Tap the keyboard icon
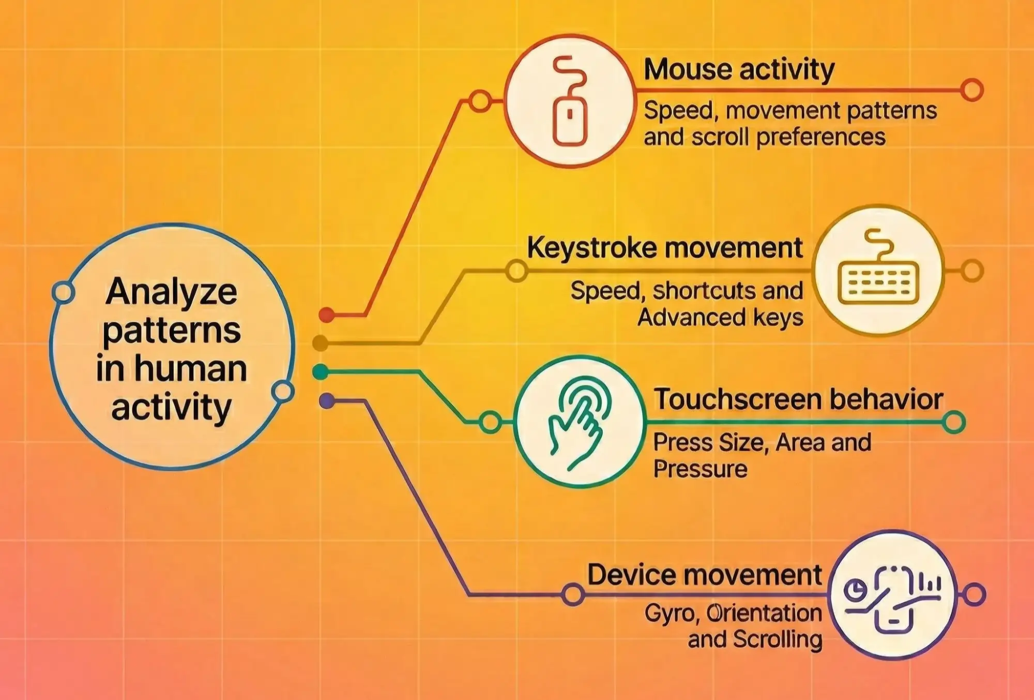point(878,269)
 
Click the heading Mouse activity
point(739,70)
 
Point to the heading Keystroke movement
point(665,248)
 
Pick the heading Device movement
point(705,574)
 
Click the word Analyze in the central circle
point(171,292)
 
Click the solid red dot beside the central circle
point(326,314)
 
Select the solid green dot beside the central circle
point(321,372)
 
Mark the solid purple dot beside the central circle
point(327,401)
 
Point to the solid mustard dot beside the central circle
point(321,343)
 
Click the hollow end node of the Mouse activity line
point(972,90)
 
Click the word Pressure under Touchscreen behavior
point(700,469)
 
